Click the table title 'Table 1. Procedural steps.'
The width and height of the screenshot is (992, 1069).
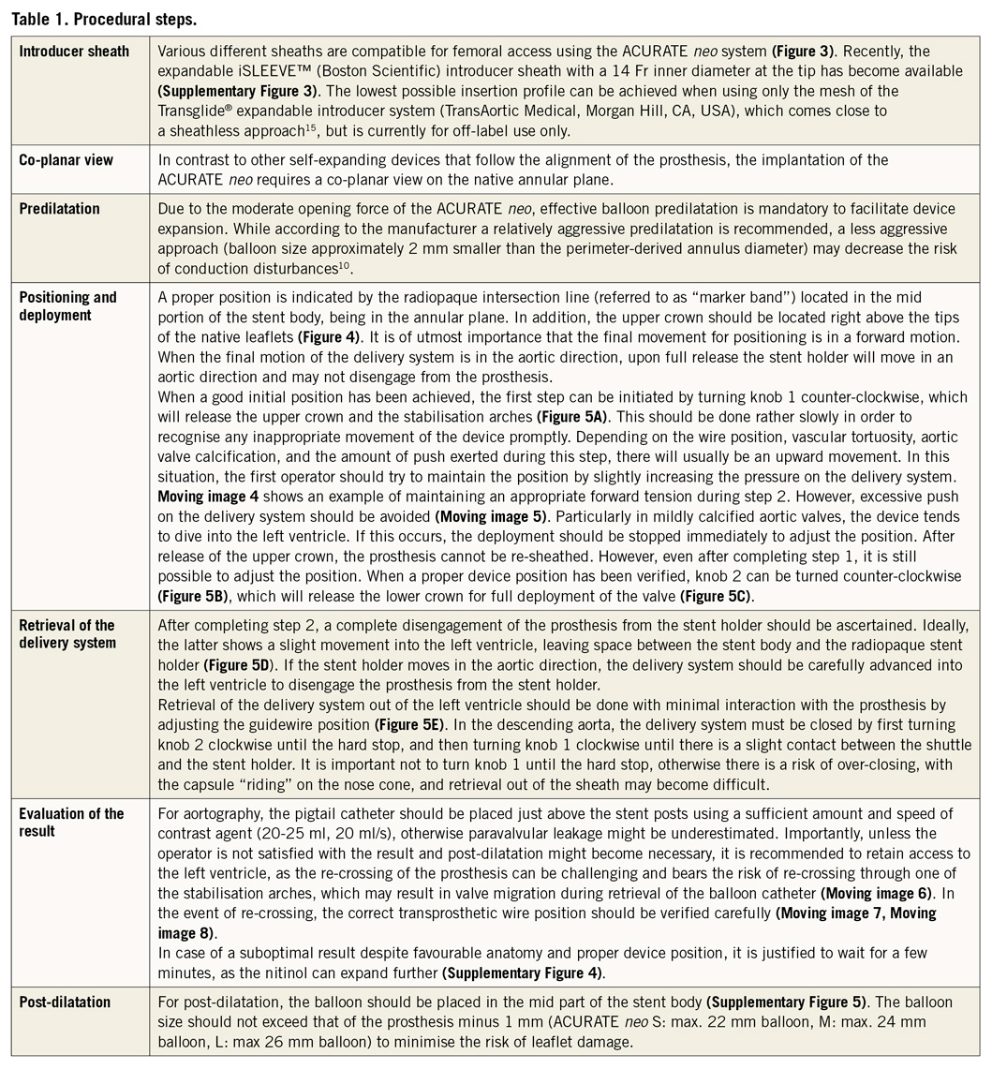pos(104,18)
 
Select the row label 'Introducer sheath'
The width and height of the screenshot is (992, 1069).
pos(75,51)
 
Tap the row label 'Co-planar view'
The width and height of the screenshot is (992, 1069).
pos(66,160)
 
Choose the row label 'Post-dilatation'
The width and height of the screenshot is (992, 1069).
pos(65,1002)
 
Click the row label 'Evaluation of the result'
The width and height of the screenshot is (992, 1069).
pos(71,822)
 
